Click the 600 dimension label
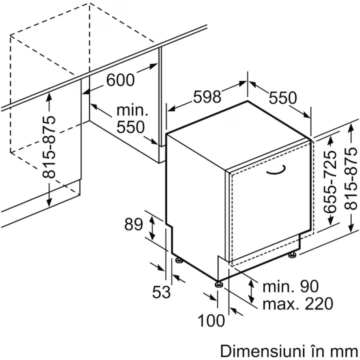coord(120,80)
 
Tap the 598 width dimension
coord(207,96)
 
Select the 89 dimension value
coord(133,224)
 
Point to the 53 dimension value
coord(161,292)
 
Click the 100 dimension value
coord(211,320)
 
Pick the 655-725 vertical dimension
coord(329,182)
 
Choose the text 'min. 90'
coord(290,286)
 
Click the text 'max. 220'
coord(298,303)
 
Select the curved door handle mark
coord(276,170)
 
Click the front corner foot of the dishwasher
coord(218,284)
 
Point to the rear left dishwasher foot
coord(179,259)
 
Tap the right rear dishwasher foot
coord(292,254)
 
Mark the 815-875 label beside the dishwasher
coord(350,178)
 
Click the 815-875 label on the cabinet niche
coord(49,147)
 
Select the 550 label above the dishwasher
coord(282,98)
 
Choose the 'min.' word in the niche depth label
coord(132,110)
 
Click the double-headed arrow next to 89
coord(152,228)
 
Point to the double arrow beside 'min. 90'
coord(251,291)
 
